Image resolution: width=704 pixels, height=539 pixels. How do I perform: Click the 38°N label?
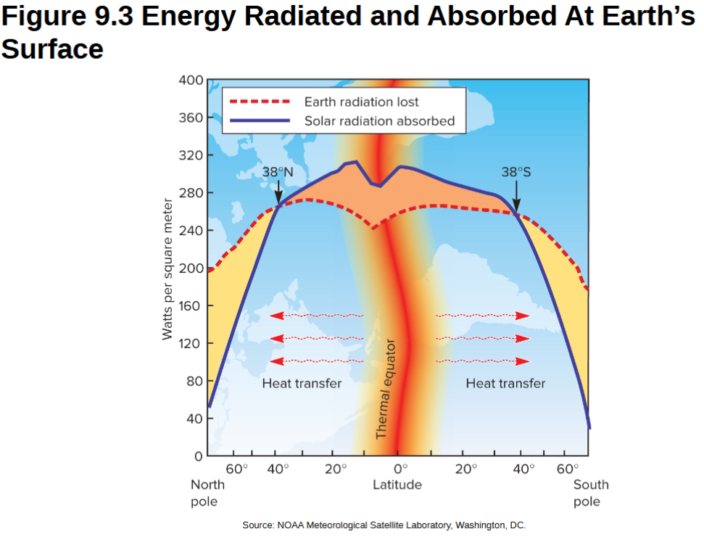pos(278,173)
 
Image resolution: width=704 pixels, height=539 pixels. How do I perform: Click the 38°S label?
pos(516,173)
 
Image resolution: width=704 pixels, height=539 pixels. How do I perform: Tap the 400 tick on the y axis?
pos(190,80)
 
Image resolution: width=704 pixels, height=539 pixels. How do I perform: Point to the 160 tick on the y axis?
pos(190,305)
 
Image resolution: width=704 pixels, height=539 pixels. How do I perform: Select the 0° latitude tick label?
pos(398,469)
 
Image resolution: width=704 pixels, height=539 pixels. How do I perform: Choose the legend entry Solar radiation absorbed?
pos(379,120)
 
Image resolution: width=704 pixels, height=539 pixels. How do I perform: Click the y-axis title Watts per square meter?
pos(167,268)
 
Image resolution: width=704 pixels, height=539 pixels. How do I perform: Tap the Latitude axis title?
pos(397,485)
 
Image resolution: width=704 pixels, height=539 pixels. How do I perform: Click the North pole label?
pos(207,493)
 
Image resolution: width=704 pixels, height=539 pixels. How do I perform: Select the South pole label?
pos(590,493)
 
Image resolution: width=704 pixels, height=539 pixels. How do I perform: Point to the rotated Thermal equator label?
pos(385,388)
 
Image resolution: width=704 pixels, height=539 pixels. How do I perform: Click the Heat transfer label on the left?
pos(302,383)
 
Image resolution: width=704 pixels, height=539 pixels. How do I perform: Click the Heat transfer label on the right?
pos(505,383)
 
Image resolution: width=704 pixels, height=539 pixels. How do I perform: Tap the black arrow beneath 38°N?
pos(278,193)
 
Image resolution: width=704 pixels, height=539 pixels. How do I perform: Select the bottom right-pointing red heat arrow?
pos(482,361)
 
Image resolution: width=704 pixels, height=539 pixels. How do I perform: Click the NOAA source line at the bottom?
pos(384,525)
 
